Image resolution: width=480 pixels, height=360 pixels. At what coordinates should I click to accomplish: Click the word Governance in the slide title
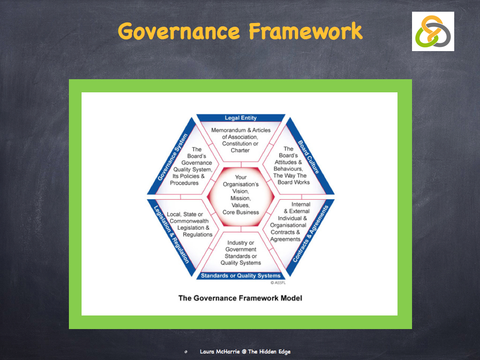(179, 31)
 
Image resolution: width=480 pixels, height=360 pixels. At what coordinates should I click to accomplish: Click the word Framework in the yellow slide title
(306, 31)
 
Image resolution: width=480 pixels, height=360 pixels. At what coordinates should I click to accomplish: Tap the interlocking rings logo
(433, 31)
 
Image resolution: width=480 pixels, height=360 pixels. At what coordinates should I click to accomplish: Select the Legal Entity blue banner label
(240, 118)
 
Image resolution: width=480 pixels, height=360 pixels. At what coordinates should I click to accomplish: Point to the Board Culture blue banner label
(308, 157)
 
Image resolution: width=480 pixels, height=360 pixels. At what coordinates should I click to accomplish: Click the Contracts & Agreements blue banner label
(310, 234)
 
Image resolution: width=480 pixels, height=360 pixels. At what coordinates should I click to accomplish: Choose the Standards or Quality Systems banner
(240, 276)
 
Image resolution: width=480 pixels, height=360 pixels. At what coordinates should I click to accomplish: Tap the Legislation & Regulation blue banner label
(171, 234)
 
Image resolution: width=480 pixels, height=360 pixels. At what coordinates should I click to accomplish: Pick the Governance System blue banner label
(172, 157)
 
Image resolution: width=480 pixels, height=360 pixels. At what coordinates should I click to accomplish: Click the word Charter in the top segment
(240, 150)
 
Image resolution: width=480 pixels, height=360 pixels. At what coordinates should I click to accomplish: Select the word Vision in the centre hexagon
(240, 191)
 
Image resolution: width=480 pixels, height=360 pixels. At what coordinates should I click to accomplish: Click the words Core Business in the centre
(240, 212)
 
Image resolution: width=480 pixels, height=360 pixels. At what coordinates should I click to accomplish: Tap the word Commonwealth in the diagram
(189, 221)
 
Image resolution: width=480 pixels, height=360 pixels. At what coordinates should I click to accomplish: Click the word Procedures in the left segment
(184, 183)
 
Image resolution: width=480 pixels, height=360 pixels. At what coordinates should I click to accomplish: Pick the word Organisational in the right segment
(288, 225)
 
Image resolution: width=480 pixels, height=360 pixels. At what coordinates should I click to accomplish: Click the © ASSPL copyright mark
(278, 283)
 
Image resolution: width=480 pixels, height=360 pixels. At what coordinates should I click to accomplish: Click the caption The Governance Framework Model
(240, 298)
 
